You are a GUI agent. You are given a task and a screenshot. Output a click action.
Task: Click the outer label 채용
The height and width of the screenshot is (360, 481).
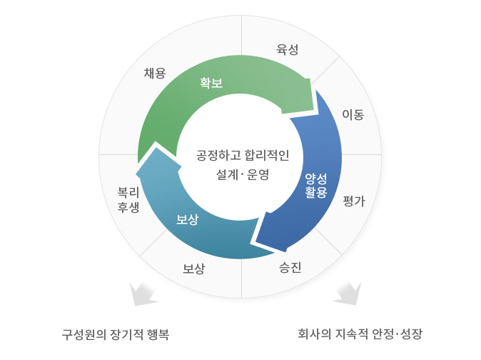coord(155,74)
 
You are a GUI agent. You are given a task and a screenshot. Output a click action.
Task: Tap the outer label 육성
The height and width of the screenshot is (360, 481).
coord(288,49)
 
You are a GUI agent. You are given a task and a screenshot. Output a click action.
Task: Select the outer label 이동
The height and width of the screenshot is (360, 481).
coord(353,114)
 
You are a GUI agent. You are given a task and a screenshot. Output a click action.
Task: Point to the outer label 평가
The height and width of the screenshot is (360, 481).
coord(354,201)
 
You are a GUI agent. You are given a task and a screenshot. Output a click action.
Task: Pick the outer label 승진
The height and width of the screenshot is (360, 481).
coord(290,267)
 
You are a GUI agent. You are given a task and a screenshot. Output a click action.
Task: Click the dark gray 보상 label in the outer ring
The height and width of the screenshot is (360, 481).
coord(193,269)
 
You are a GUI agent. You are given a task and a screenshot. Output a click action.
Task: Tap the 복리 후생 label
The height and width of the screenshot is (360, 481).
coord(128,200)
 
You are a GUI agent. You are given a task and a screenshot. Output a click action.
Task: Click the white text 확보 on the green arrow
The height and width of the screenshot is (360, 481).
coord(211,83)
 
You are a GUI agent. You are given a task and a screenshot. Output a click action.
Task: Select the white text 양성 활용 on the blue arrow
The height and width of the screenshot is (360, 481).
coord(316,186)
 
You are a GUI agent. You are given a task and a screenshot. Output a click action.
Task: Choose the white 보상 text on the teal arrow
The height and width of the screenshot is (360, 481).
coord(188,219)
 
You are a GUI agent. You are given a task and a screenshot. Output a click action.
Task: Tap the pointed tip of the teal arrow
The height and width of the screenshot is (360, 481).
coord(136,174)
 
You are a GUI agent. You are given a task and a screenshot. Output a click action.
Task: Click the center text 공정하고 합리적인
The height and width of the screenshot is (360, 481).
coord(243,155)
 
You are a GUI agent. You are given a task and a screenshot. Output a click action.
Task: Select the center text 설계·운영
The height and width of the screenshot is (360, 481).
coord(243,174)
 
